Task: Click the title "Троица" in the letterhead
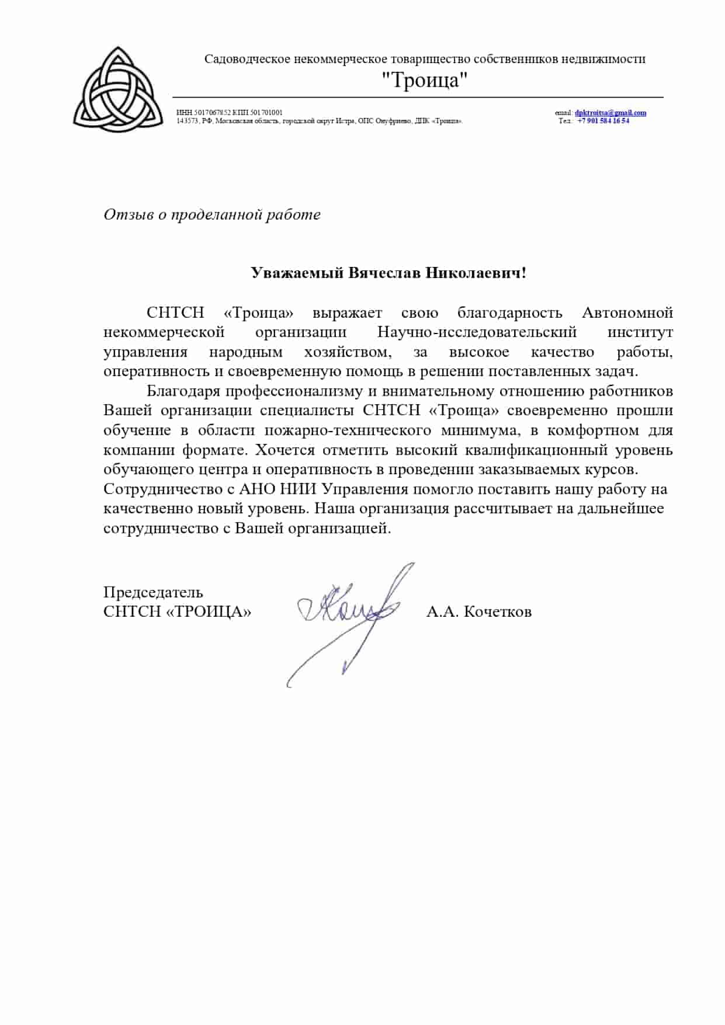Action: click(425, 80)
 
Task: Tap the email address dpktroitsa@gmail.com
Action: click(610, 113)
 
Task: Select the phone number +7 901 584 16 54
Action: click(603, 121)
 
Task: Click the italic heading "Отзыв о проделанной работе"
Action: click(212, 214)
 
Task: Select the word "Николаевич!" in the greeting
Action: click(476, 273)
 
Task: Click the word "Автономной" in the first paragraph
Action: click(627, 312)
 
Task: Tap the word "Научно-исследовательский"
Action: click(477, 332)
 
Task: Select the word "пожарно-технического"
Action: click(348, 430)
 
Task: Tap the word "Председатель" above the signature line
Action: click(153, 592)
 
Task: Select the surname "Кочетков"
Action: click(497, 611)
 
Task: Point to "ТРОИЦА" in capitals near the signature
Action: click(209, 611)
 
